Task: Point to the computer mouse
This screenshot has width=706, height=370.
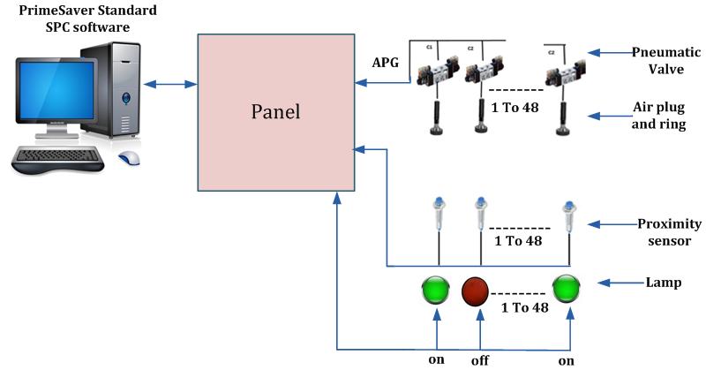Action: click(x=129, y=159)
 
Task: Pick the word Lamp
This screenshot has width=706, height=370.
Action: click(x=661, y=283)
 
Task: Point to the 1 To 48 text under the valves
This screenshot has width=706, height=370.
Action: click(x=517, y=109)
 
